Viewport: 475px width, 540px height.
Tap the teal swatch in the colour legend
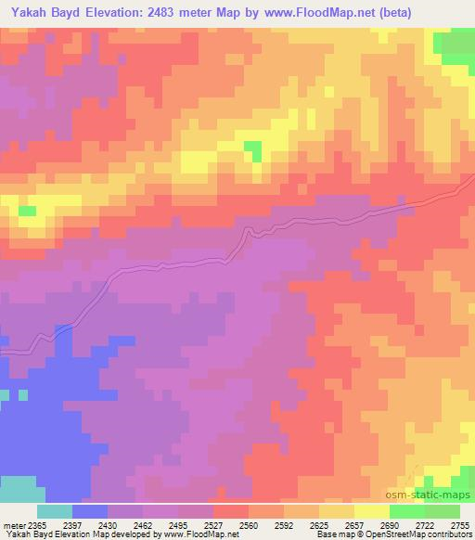pyautogui.click(x=55, y=511)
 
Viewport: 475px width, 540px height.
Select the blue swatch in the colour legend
pyautogui.click(x=90, y=511)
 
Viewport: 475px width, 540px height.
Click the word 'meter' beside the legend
pyautogui.click(x=14, y=524)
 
